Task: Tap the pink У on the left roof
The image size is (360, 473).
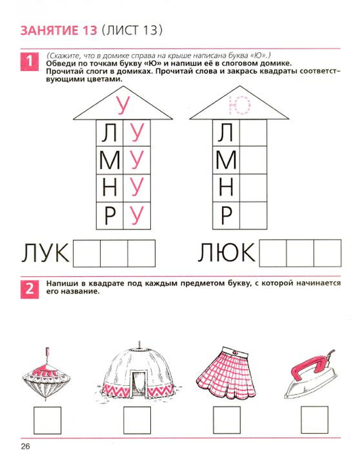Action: [x=122, y=105]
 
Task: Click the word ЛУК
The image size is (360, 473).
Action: [x=45, y=253]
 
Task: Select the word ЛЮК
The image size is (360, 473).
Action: [x=227, y=252]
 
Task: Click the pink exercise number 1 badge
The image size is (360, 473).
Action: [x=30, y=62]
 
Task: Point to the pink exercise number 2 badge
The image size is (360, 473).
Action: [x=30, y=290]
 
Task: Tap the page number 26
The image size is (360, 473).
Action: [x=26, y=447]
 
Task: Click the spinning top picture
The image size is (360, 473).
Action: [x=46, y=374]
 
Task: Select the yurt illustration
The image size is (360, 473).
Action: [x=139, y=370]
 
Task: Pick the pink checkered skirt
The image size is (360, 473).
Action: [x=226, y=374]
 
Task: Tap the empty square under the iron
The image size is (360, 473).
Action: [x=315, y=420]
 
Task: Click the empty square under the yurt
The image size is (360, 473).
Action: [x=137, y=420]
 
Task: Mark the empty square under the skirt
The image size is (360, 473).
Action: [x=227, y=420]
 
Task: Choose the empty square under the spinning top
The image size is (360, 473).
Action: [x=47, y=420]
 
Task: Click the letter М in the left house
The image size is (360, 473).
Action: [x=110, y=161]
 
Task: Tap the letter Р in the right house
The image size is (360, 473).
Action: [x=226, y=216]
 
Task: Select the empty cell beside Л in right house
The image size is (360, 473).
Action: [x=254, y=133]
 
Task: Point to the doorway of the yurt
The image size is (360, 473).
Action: [x=139, y=384]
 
